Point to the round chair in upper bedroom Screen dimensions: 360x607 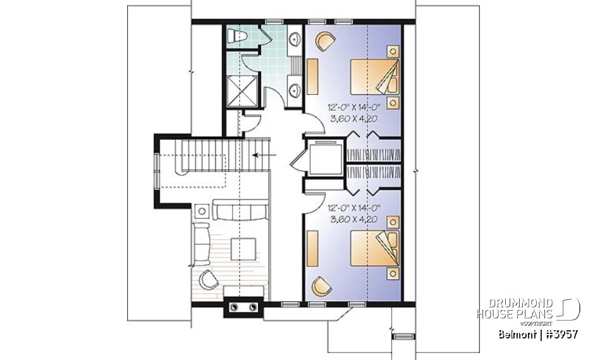coord(324,42)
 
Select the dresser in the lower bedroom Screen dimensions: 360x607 coord(313,247)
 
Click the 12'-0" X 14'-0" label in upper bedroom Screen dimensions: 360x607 coord(351,108)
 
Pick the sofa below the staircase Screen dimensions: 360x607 coord(240,210)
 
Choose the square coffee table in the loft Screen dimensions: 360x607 coord(243,247)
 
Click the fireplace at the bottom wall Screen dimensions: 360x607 coord(244,306)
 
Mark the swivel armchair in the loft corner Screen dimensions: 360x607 coord(208,278)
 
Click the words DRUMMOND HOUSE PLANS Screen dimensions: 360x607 coord(515,309)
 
